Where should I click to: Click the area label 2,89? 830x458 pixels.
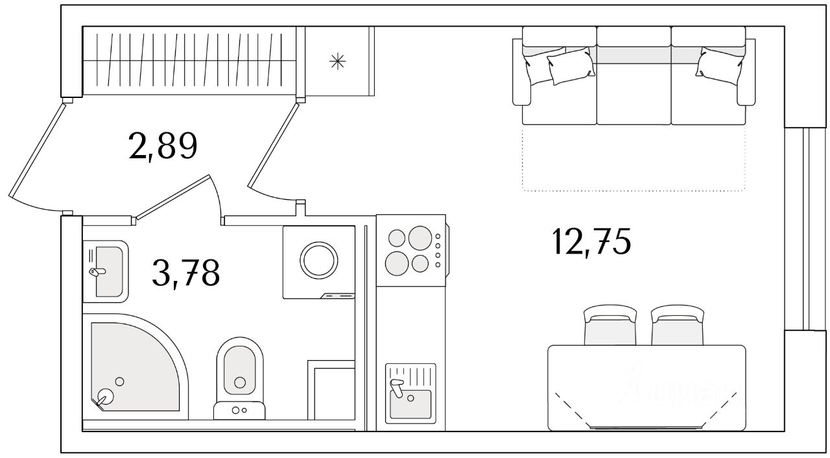coord(163,147)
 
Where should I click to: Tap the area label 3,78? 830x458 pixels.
coord(186,273)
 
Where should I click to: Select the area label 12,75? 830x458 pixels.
coord(591,243)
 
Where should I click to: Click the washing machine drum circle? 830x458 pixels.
coord(319,261)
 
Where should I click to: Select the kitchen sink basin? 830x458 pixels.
coord(410,404)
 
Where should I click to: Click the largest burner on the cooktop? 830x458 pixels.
coord(420,238)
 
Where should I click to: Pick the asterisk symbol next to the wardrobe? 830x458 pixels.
coord(337,61)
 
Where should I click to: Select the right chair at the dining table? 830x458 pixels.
coord(678,327)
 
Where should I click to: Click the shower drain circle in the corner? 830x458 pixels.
coord(104,396)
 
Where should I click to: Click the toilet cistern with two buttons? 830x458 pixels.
coord(239,410)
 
